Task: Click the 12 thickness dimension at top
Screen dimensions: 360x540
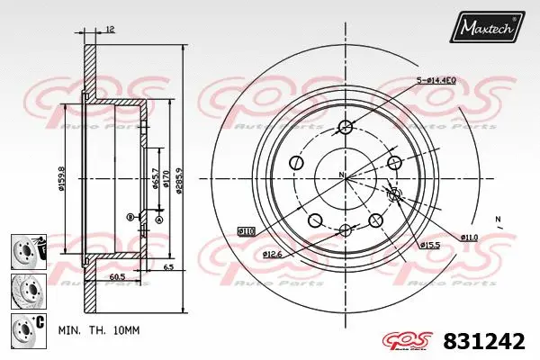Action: (109, 30)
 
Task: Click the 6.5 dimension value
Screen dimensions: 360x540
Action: (168, 268)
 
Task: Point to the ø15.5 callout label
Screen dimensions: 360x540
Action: (429, 245)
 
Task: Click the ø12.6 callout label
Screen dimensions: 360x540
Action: (274, 255)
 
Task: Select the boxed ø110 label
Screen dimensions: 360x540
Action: (246, 231)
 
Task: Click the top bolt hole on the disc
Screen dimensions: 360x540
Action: (345, 126)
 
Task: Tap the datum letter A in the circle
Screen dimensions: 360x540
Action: (159, 219)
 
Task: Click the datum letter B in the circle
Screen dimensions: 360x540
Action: (130, 216)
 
